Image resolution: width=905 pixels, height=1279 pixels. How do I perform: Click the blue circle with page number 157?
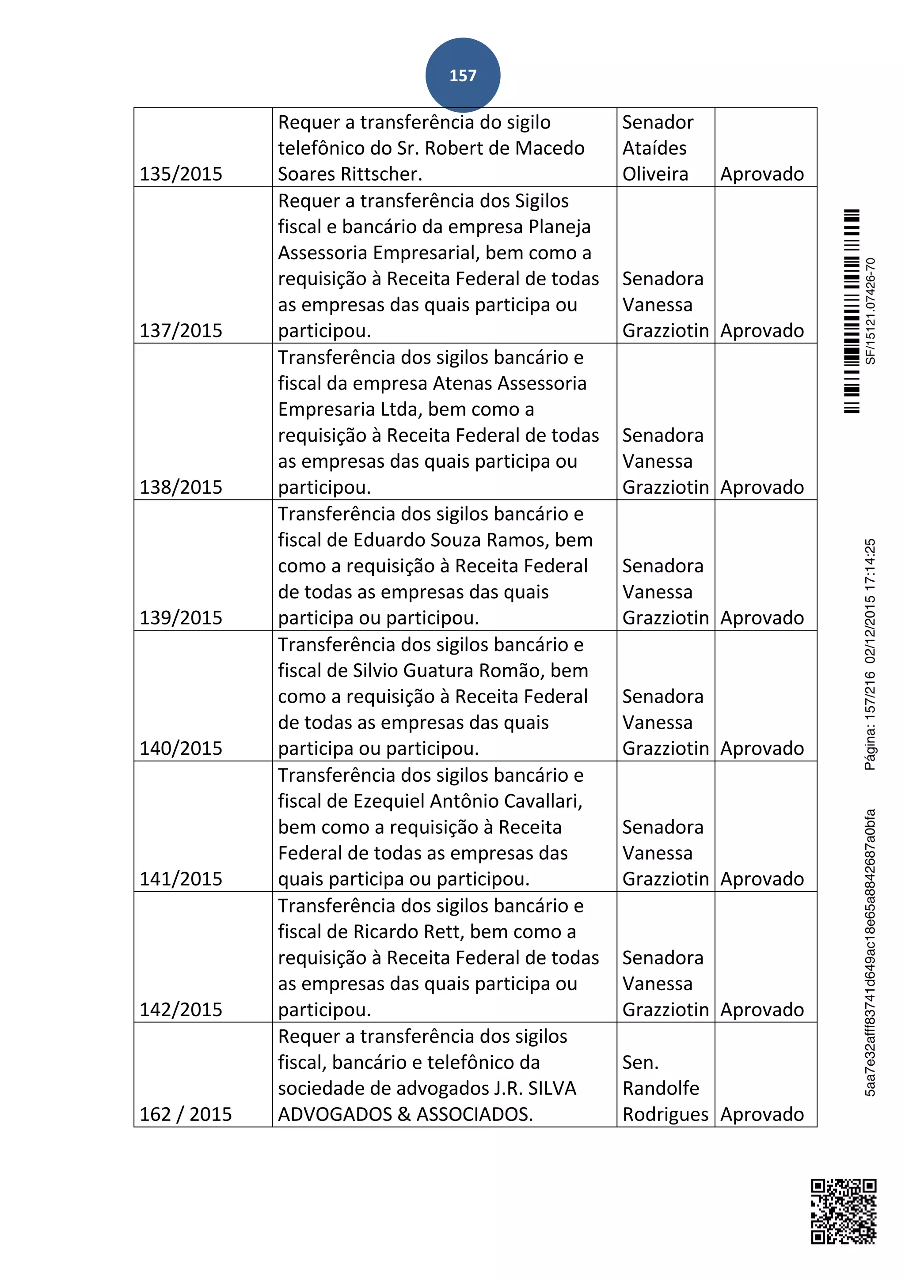tap(463, 75)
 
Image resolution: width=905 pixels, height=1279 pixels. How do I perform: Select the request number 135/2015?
tap(181, 174)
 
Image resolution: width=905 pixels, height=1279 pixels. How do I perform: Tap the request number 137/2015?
tap(181, 330)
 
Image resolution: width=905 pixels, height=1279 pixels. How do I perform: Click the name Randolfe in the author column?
tap(660, 1088)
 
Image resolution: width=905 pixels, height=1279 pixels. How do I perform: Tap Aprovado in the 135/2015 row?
tap(762, 174)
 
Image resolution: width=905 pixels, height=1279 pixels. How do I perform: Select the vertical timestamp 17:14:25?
tap(871, 563)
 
